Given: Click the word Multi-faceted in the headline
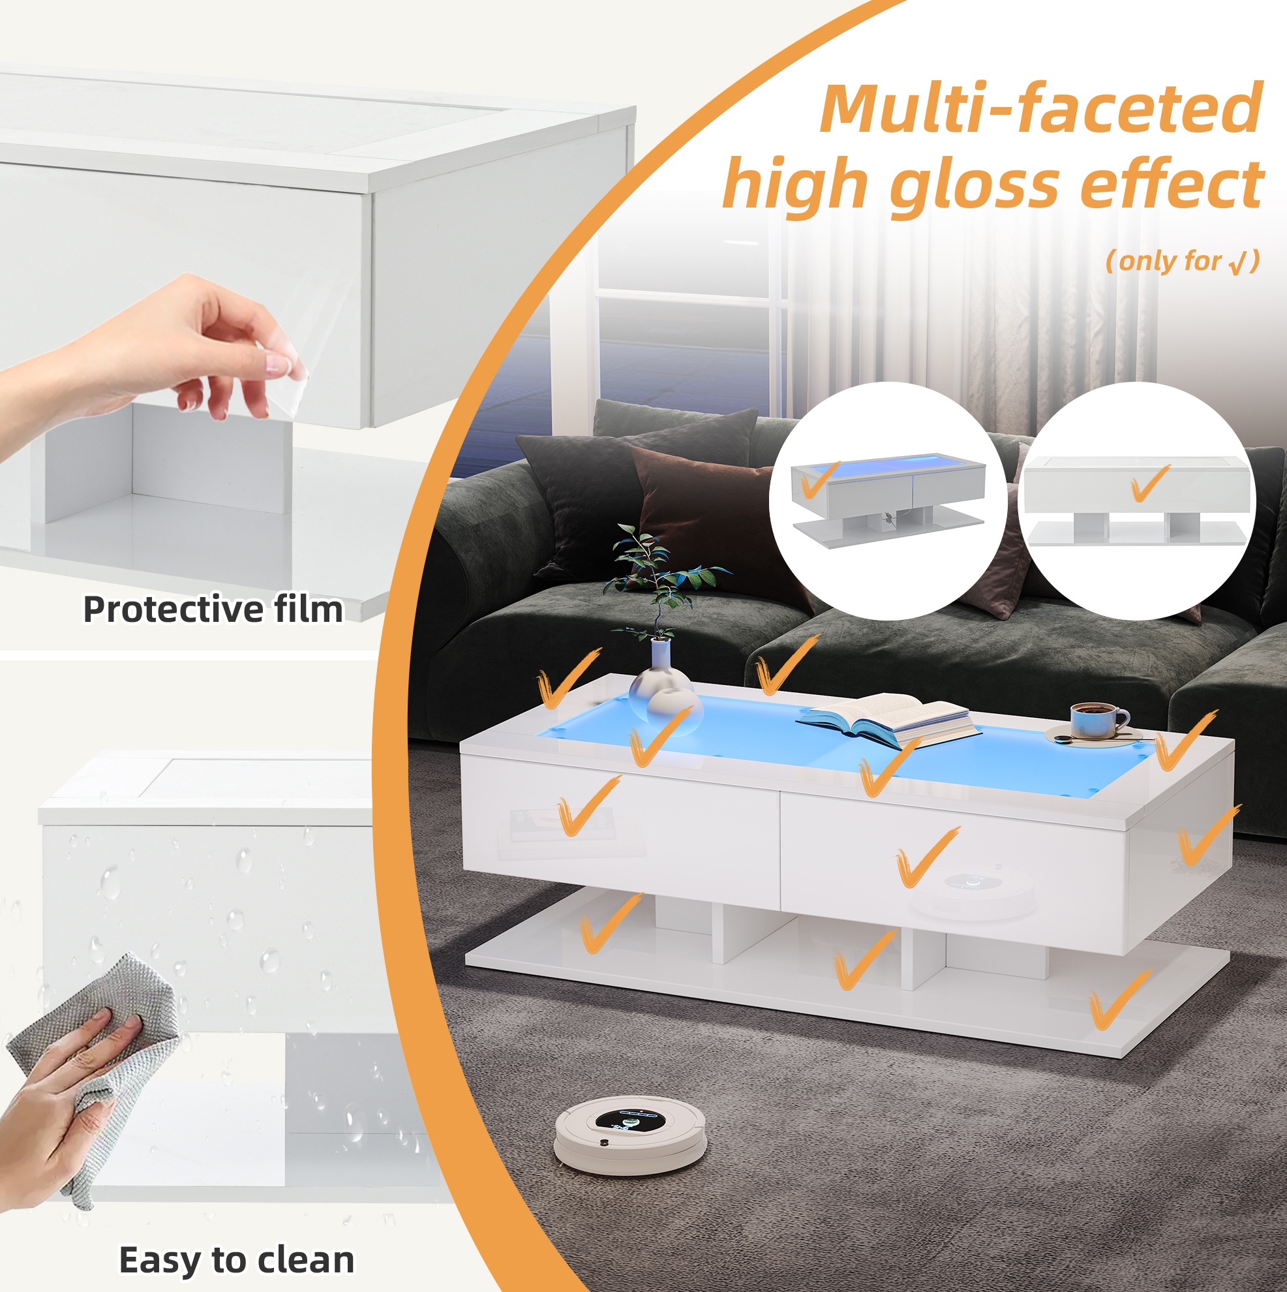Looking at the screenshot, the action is [x=1041, y=108].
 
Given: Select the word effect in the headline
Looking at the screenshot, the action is [x=1172, y=181].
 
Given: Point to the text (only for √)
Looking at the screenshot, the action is [x=1183, y=261].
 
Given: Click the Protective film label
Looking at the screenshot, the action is [x=213, y=609].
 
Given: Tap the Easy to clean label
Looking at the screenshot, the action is [x=237, y=1261].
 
